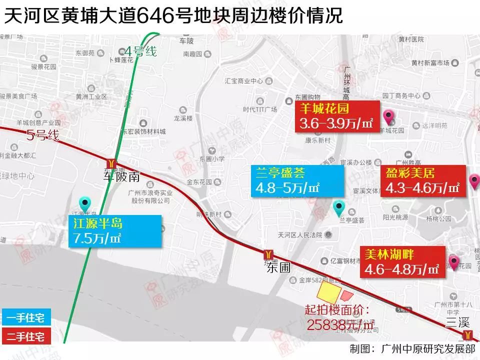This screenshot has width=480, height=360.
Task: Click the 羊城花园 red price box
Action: [337, 117]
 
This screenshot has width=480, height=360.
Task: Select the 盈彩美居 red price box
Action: [422, 181]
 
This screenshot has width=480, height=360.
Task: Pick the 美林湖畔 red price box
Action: [402, 262]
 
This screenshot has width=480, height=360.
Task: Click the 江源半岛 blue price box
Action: [115, 231]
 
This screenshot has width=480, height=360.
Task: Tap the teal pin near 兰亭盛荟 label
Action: [339, 207]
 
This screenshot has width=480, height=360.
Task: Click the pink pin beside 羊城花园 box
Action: [388, 118]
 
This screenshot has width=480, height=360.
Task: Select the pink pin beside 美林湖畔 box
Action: [454, 262]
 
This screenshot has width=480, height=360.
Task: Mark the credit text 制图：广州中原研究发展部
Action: [412, 349]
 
